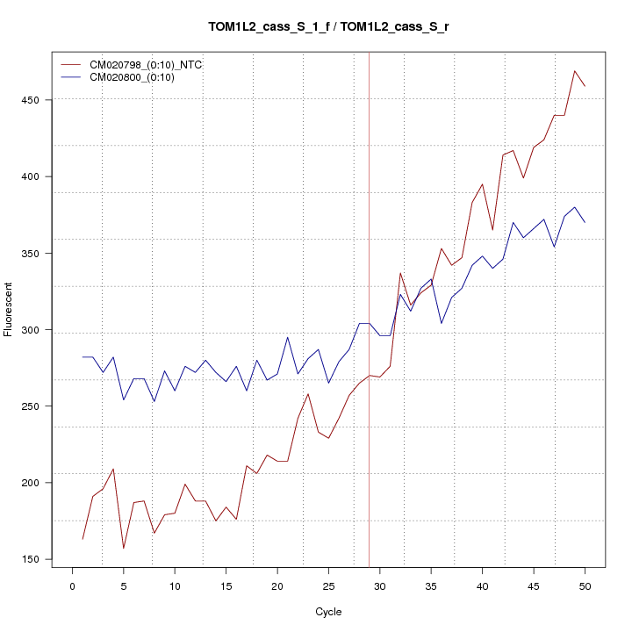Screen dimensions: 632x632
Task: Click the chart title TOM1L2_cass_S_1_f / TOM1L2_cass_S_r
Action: click(x=328, y=26)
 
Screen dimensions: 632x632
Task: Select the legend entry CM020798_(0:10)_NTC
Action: click(x=140, y=65)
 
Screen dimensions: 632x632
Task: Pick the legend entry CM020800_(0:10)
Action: click(x=127, y=77)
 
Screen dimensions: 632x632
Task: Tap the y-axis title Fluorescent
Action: click(x=9, y=308)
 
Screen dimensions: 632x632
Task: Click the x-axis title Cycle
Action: click(x=328, y=612)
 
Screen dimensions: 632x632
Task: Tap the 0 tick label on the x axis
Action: click(x=72, y=586)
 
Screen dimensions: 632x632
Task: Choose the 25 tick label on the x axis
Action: click(x=328, y=586)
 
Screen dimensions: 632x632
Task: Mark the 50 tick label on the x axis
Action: click(x=585, y=586)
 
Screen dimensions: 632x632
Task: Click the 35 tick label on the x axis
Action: click(x=431, y=586)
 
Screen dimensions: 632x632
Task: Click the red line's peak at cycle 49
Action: click(x=575, y=71)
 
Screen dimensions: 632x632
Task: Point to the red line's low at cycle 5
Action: click(x=124, y=549)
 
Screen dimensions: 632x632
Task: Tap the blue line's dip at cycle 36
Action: click(x=442, y=324)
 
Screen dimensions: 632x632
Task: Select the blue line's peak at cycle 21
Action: click(x=288, y=337)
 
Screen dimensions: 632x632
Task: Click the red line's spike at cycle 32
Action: click(x=400, y=273)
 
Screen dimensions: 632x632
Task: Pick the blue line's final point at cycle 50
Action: click(x=585, y=222)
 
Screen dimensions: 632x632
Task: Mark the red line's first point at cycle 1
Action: click(x=83, y=539)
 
